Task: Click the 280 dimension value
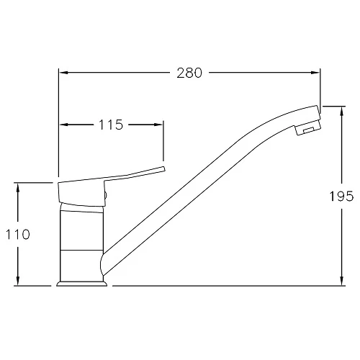pos(189,73)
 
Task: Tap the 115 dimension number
pos(111,125)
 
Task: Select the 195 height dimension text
pos(341,196)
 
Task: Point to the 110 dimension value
pos(18,235)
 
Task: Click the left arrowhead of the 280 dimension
pos(64,73)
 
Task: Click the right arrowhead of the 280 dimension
pos(315,73)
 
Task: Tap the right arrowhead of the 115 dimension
pos(158,125)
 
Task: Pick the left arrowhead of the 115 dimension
pos(64,125)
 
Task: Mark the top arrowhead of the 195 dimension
pos(342,111)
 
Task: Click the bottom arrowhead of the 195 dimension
pos(342,281)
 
